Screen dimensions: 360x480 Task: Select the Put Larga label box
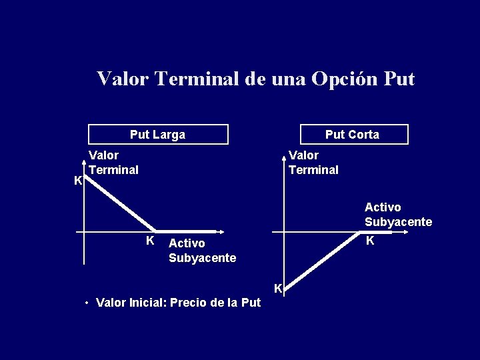coord(158,135)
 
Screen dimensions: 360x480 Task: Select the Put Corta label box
coord(353,135)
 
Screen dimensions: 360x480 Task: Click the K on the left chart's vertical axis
coord(78,181)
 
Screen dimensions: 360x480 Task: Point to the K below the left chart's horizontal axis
coord(151,241)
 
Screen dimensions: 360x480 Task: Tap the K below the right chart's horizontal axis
coord(370,241)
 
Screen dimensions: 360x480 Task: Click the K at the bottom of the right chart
coord(279,289)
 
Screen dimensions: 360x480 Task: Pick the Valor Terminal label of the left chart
coord(113,163)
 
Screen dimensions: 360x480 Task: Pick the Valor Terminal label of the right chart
coord(313,163)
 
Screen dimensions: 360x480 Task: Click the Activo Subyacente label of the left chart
coord(202,251)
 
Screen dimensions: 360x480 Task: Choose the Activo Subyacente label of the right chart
coord(398,215)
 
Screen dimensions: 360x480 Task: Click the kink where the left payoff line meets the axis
coord(156,231)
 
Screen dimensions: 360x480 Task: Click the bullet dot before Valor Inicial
coord(87,303)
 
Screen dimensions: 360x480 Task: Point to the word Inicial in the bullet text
coord(147,303)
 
